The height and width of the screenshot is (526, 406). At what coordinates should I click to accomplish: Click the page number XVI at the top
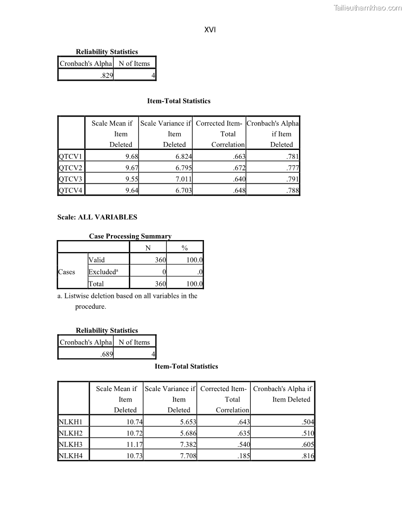click(x=210, y=30)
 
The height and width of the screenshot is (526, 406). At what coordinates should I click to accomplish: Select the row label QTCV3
click(x=70, y=179)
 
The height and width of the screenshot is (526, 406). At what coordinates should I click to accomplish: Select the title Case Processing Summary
click(x=130, y=236)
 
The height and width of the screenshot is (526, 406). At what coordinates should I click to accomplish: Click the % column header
click(x=185, y=248)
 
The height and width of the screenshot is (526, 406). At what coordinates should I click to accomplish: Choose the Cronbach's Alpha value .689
click(x=106, y=354)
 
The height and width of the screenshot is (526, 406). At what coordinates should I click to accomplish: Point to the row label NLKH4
click(x=70, y=456)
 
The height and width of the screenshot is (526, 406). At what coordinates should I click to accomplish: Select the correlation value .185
click(x=243, y=456)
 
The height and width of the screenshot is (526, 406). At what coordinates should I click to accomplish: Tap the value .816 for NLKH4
click(x=307, y=456)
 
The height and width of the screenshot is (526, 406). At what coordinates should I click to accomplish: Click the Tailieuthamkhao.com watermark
click(x=367, y=7)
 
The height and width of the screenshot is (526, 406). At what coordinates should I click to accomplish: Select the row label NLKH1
click(x=70, y=423)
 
